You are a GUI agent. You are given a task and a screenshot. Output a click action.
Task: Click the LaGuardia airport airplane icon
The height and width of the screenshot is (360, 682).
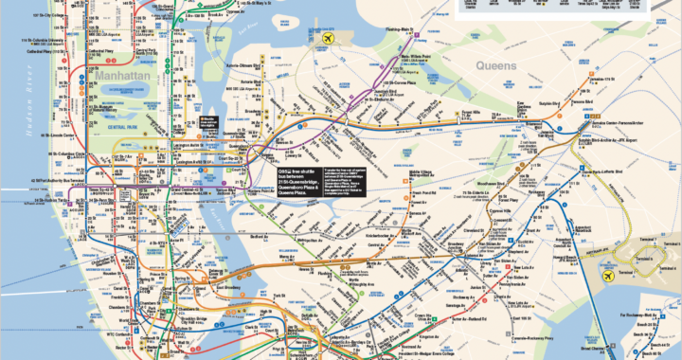coord(329,39)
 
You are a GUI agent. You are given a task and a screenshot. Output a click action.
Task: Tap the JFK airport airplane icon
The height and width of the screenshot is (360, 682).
coord(610,276)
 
